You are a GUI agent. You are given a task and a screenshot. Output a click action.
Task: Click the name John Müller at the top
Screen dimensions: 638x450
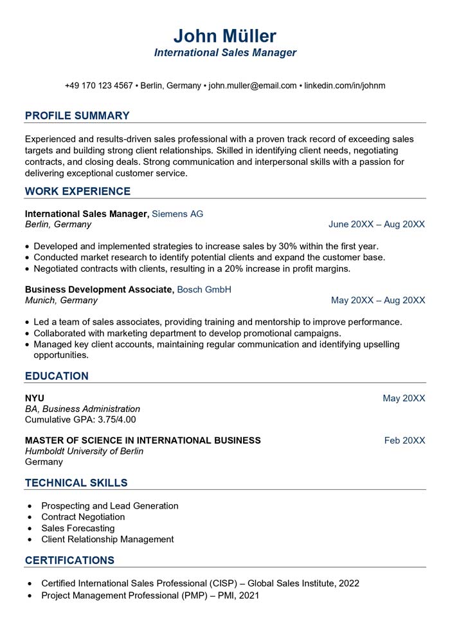(x=225, y=35)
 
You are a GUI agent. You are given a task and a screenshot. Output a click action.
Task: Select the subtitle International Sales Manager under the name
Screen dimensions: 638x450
(x=225, y=53)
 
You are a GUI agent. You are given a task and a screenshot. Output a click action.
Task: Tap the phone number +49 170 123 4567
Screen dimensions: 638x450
(x=98, y=86)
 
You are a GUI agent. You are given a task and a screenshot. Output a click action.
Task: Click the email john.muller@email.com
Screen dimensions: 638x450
(x=253, y=86)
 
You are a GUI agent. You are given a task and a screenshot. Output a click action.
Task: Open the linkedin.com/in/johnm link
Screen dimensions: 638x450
(x=345, y=86)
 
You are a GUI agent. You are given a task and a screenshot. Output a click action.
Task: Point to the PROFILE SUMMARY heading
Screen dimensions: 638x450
(x=77, y=116)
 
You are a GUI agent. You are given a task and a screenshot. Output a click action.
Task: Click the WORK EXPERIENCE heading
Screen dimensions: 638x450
(x=77, y=191)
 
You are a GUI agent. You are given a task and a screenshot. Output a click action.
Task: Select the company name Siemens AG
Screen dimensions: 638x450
(x=177, y=214)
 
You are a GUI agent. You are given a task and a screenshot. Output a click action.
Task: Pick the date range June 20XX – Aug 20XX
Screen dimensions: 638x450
(x=377, y=225)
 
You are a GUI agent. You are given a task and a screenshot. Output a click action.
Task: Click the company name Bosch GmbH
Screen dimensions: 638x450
(x=204, y=290)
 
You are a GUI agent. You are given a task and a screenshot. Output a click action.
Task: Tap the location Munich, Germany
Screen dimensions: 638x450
(x=61, y=301)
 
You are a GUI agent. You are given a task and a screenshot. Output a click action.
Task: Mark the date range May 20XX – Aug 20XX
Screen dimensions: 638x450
(x=378, y=301)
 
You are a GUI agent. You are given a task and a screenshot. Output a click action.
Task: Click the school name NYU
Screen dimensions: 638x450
(x=35, y=399)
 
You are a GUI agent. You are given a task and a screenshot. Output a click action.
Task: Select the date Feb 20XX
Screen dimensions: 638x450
(x=404, y=440)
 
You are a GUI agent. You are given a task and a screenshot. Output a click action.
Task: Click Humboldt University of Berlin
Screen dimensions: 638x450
(x=84, y=451)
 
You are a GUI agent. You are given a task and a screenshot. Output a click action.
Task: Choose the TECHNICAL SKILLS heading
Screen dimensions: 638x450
(x=76, y=483)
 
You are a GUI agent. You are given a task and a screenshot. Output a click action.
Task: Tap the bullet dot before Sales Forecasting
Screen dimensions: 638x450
(x=30, y=529)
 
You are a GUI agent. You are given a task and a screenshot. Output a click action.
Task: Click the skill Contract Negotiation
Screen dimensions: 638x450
(x=83, y=517)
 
